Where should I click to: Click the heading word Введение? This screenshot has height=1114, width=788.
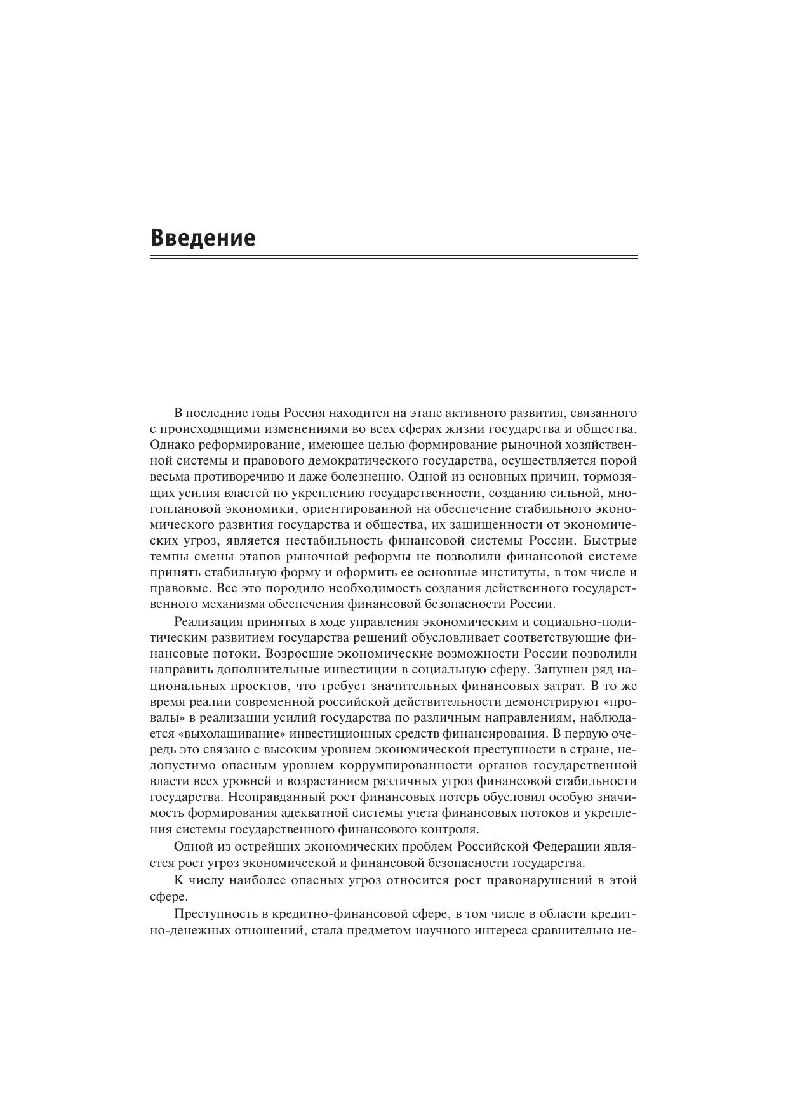pos(203,238)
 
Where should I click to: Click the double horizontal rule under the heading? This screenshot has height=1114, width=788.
pos(393,257)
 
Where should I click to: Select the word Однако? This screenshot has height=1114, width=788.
pos(171,445)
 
